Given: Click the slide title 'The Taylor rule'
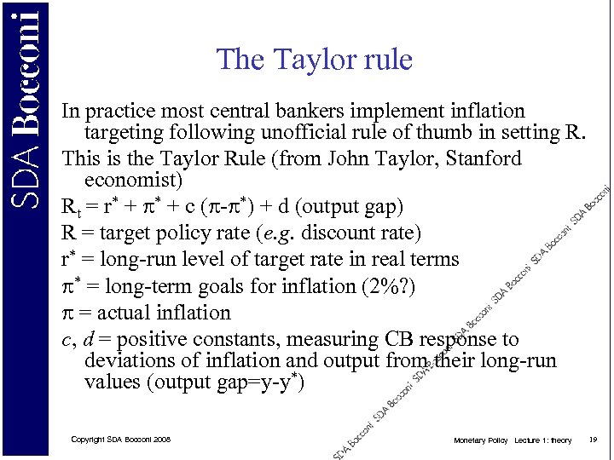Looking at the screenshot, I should coord(314,60).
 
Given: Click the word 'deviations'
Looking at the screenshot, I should coord(128,360).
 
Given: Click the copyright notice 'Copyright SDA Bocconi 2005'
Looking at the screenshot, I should coord(120,439).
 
